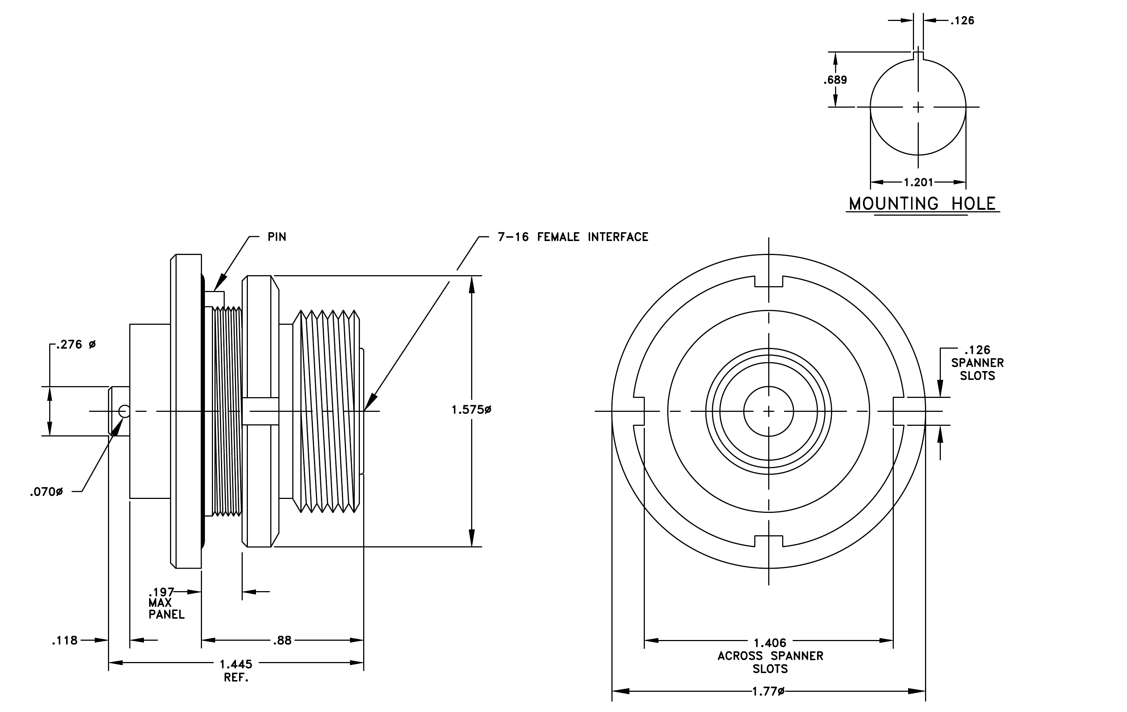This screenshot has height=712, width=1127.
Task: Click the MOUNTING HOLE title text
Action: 922,204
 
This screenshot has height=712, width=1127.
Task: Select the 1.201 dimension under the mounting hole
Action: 918,182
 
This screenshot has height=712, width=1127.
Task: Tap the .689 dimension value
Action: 835,80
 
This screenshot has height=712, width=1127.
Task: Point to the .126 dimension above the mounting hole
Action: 962,21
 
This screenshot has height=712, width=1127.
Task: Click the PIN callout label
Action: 277,237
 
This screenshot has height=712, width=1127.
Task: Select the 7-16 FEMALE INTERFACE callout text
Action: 573,237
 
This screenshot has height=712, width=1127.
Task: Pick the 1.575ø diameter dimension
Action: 471,410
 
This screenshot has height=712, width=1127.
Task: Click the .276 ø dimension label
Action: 76,345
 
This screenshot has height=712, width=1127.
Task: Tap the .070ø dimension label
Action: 46,492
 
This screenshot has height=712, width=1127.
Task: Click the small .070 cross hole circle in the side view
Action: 124,411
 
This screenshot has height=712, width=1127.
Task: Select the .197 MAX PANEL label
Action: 166,603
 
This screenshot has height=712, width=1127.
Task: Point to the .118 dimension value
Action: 65,640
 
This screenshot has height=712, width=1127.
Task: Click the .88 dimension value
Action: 282,640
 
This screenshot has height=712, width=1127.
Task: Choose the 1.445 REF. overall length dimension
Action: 236,671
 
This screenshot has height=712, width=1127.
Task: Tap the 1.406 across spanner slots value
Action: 770,643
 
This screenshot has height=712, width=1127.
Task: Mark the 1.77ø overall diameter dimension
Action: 768,691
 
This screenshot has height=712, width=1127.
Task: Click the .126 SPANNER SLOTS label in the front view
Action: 977,363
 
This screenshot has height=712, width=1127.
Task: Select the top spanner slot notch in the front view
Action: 769,282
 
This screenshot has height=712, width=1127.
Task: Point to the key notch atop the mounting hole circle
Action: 918,56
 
